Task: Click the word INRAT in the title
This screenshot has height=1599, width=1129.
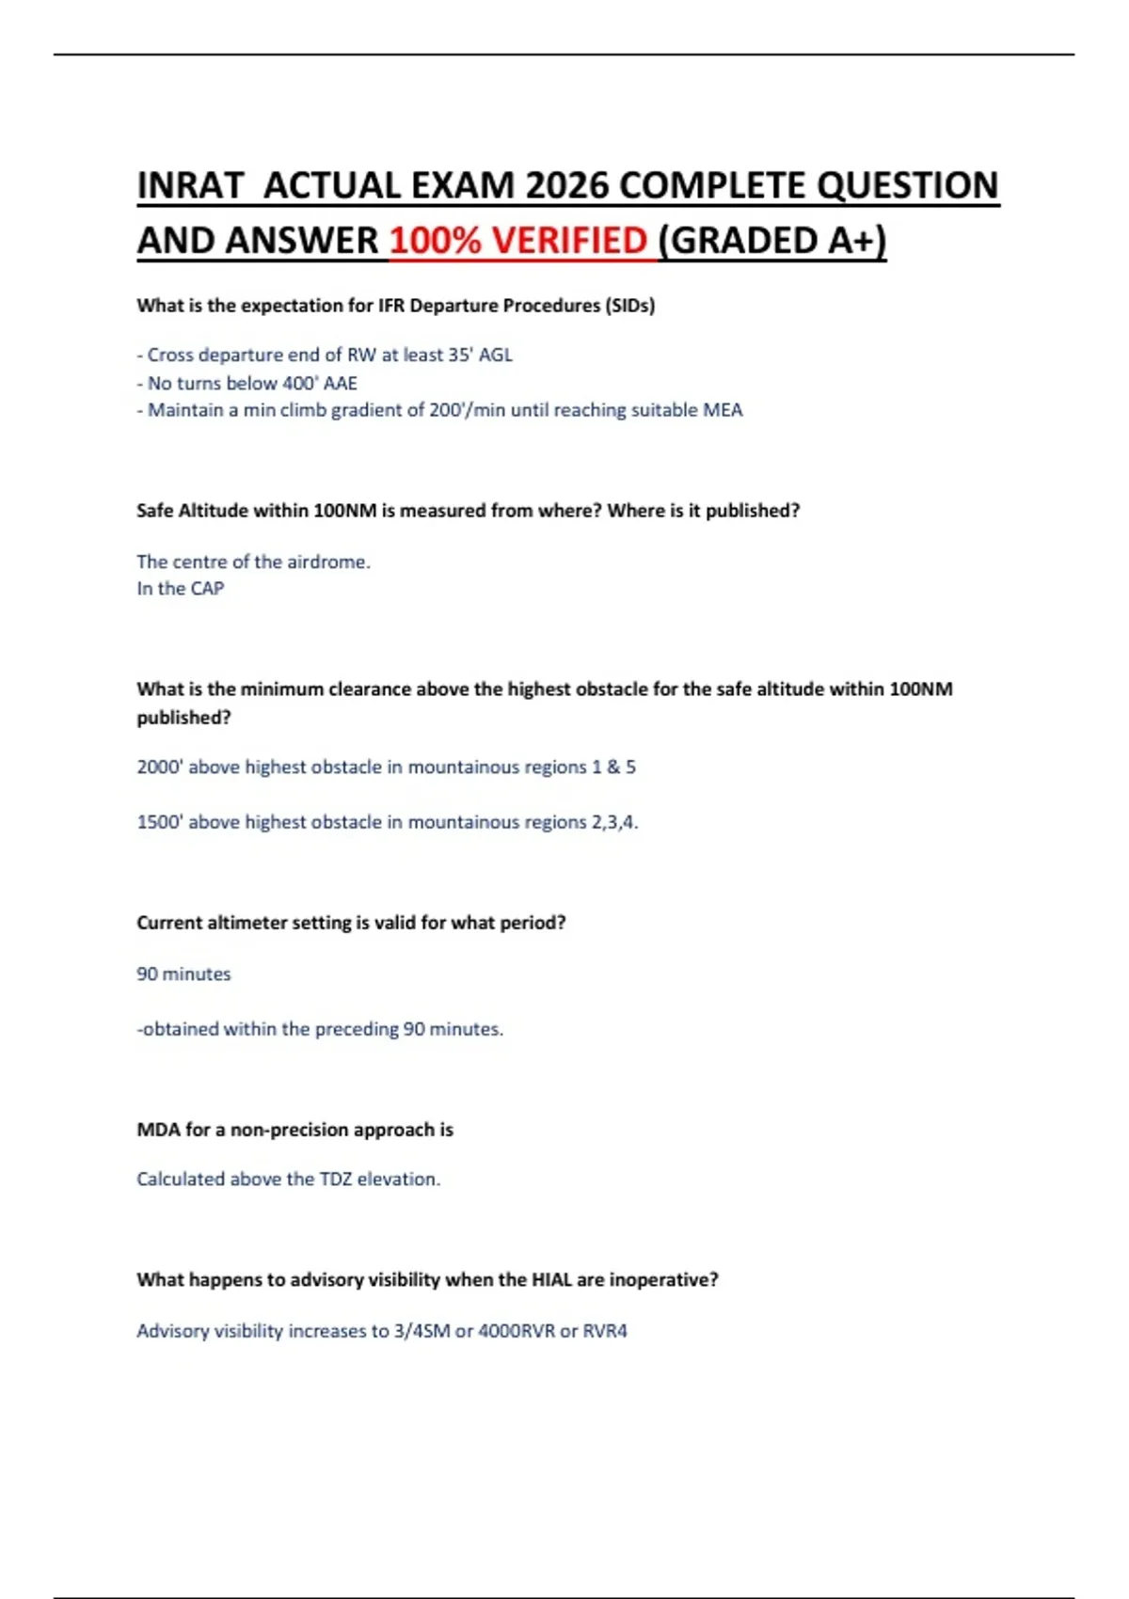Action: pos(190,185)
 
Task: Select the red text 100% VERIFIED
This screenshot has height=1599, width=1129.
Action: pos(518,241)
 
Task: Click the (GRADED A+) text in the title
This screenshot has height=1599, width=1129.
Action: pos(772,241)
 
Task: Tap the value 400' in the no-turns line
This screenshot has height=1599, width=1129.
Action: pos(300,383)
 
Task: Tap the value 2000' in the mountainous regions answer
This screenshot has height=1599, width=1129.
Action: pos(159,767)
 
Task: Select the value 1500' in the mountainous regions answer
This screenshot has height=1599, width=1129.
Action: pos(159,822)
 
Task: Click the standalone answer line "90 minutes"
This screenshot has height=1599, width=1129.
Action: pos(183,974)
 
